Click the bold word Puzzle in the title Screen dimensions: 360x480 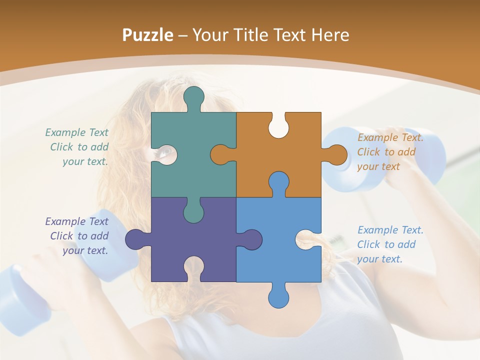148,35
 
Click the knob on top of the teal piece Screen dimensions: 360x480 194,96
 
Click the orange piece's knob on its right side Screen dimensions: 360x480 336,154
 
